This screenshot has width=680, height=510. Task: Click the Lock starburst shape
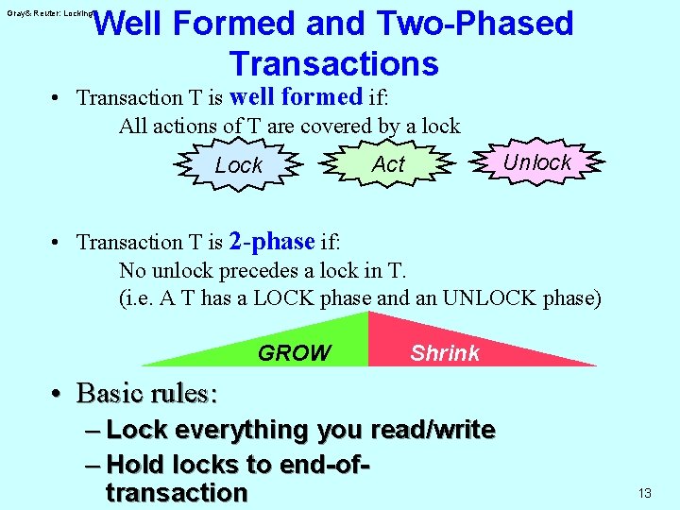(x=239, y=165)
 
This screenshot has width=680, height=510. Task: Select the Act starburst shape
(x=388, y=164)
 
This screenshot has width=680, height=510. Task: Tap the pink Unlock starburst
(x=536, y=162)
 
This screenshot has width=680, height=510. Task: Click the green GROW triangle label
(x=294, y=353)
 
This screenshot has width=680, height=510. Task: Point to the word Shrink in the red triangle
(x=445, y=353)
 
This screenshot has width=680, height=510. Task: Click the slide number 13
(x=645, y=493)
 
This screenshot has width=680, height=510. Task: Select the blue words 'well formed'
(x=296, y=96)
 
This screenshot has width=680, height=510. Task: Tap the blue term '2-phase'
(x=271, y=242)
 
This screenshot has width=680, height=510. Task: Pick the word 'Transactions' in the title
(x=333, y=63)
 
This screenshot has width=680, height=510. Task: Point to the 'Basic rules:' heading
(x=146, y=392)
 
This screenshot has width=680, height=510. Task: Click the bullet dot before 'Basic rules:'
(x=59, y=394)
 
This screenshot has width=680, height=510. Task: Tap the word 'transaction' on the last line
(x=177, y=493)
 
